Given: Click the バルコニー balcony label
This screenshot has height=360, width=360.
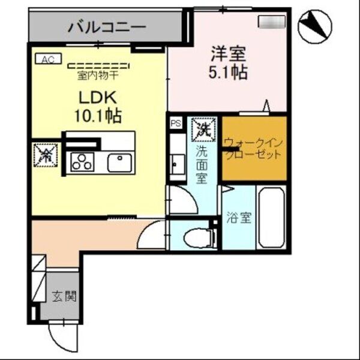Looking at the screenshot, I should [x=106, y=26].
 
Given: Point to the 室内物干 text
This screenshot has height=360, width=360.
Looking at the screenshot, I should [x=98, y=76].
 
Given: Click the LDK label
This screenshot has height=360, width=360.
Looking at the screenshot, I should [x=98, y=96].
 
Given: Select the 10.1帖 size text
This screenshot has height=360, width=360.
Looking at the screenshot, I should [x=98, y=115].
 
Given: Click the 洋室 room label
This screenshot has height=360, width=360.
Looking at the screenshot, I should [x=229, y=53].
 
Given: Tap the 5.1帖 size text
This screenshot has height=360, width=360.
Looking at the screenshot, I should [x=229, y=73].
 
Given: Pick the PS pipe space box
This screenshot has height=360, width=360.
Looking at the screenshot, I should [x=176, y=123].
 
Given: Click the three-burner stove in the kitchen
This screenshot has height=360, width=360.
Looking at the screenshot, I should [x=83, y=162].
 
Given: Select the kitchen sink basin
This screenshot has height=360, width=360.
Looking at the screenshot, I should [x=119, y=162].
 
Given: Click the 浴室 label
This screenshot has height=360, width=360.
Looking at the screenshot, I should [x=239, y=218].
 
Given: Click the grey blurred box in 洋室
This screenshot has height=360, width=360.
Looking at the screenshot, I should [x=271, y=22].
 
